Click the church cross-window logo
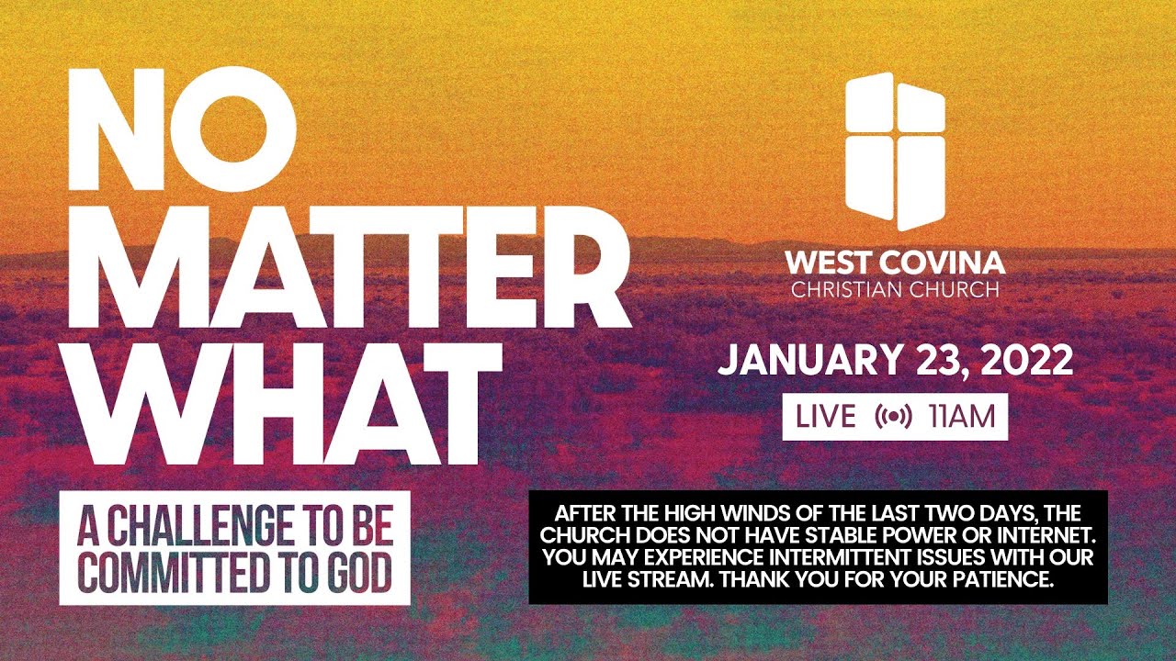895,151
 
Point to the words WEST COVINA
895,263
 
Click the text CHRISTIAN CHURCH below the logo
895,291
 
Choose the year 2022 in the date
1027,361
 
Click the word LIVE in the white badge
824,417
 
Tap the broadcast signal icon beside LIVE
893,417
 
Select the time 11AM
962,417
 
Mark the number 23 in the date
933,361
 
